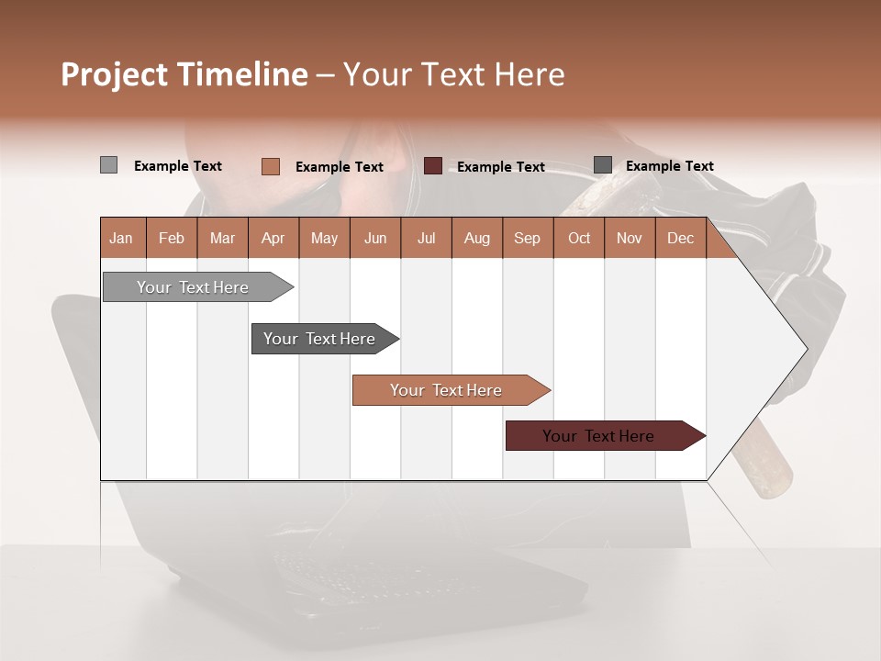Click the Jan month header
pyautogui.click(x=122, y=238)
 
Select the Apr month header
pyautogui.click(x=273, y=238)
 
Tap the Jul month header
pyautogui.click(x=426, y=238)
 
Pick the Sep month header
pyautogui.click(x=527, y=238)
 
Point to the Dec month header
pyautogui.click(x=680, y=238)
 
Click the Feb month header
pyautogui.click(x=172, y=238)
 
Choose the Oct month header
pyautogui.click(x=579, y=238)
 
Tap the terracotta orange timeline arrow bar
pyautogui.click(x=447, y=390)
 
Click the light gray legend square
pyautogui.click(x=109, y=165)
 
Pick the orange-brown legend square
pyautogui.click(x=271, y=166)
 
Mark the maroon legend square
pyautogui.click(x=433, y=165)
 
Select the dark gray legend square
pyautogui.click(x=603, y=165)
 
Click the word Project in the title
pyautogui.click(x=114, y=74)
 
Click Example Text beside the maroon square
pyautogui.click(x=500, y=166)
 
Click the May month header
pyautogui.click(x=324, y=238)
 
